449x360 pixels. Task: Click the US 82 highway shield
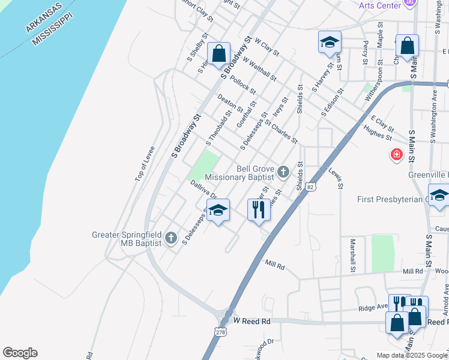[x=310, y=187]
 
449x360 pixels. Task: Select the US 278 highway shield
[x=220, y=331]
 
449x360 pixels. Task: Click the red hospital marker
[x=396, y=155]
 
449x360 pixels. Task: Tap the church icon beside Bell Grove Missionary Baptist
[x=283, y=173]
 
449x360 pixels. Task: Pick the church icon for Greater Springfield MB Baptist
[x=170, y=238]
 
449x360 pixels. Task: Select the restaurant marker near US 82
[x=259, y=209]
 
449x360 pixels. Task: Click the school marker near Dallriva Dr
[x=218, y=209]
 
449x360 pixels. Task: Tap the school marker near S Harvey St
[x=330, y=41]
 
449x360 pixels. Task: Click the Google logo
[x=20, y=353]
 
